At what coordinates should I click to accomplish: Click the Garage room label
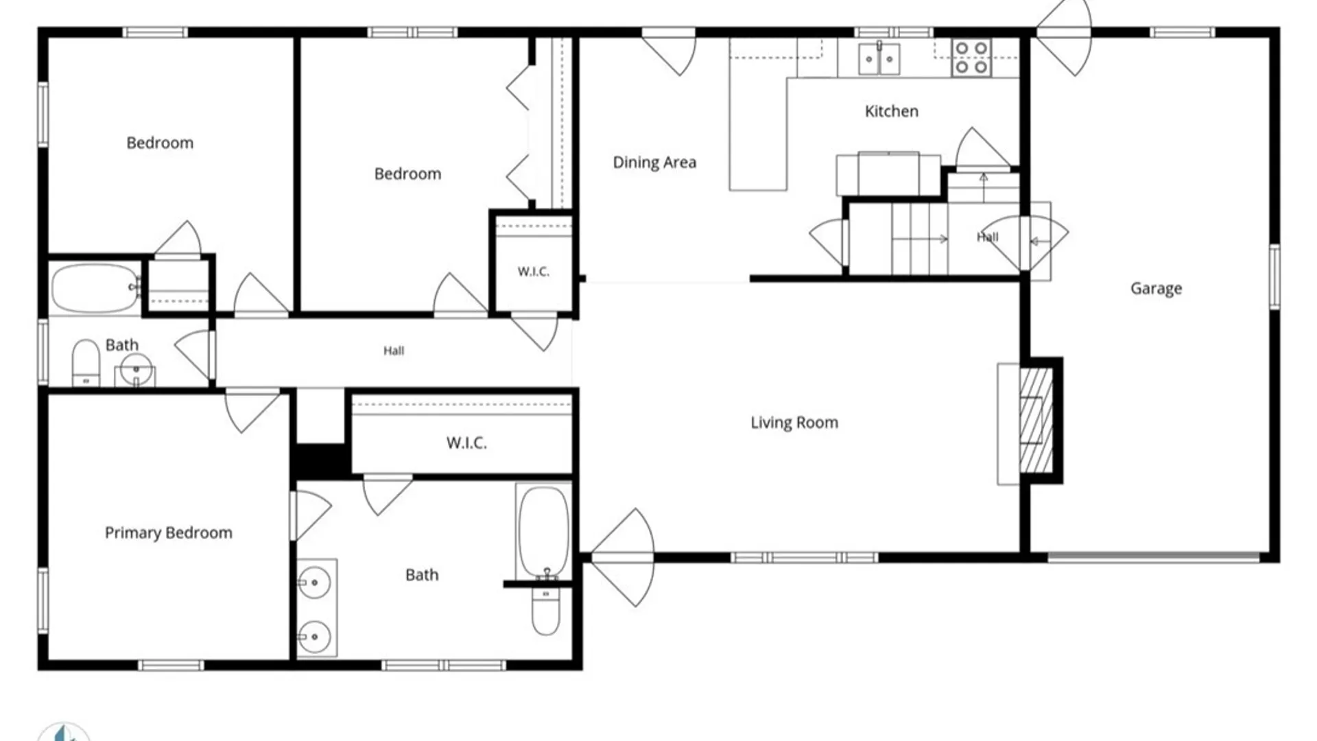(x=1156, y=289)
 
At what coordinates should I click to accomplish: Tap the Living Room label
(x=794, y=423)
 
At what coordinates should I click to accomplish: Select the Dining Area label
(x=654, y=163)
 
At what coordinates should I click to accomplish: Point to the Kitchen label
(x=891, y=111)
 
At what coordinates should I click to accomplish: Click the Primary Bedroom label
(x=168, y=533)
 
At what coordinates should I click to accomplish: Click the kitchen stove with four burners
(x=971, y=58)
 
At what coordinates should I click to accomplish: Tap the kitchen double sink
(x=879, y=58)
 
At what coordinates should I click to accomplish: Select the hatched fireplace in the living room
(x=1036, y=421)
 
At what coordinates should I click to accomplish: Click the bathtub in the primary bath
(x=543, y=532)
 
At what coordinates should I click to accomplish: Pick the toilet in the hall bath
(x=86, y=362)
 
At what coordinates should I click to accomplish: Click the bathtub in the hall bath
(x=95, y=288)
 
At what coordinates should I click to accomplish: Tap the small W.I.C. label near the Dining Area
(x=533, y=272)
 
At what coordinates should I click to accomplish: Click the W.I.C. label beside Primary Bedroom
(x=466, y=443)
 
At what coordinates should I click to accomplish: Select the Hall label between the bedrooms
(x=394, y=351)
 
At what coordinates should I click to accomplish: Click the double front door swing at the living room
(x=622, y=557)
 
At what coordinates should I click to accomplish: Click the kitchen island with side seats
(x=888, y=174)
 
